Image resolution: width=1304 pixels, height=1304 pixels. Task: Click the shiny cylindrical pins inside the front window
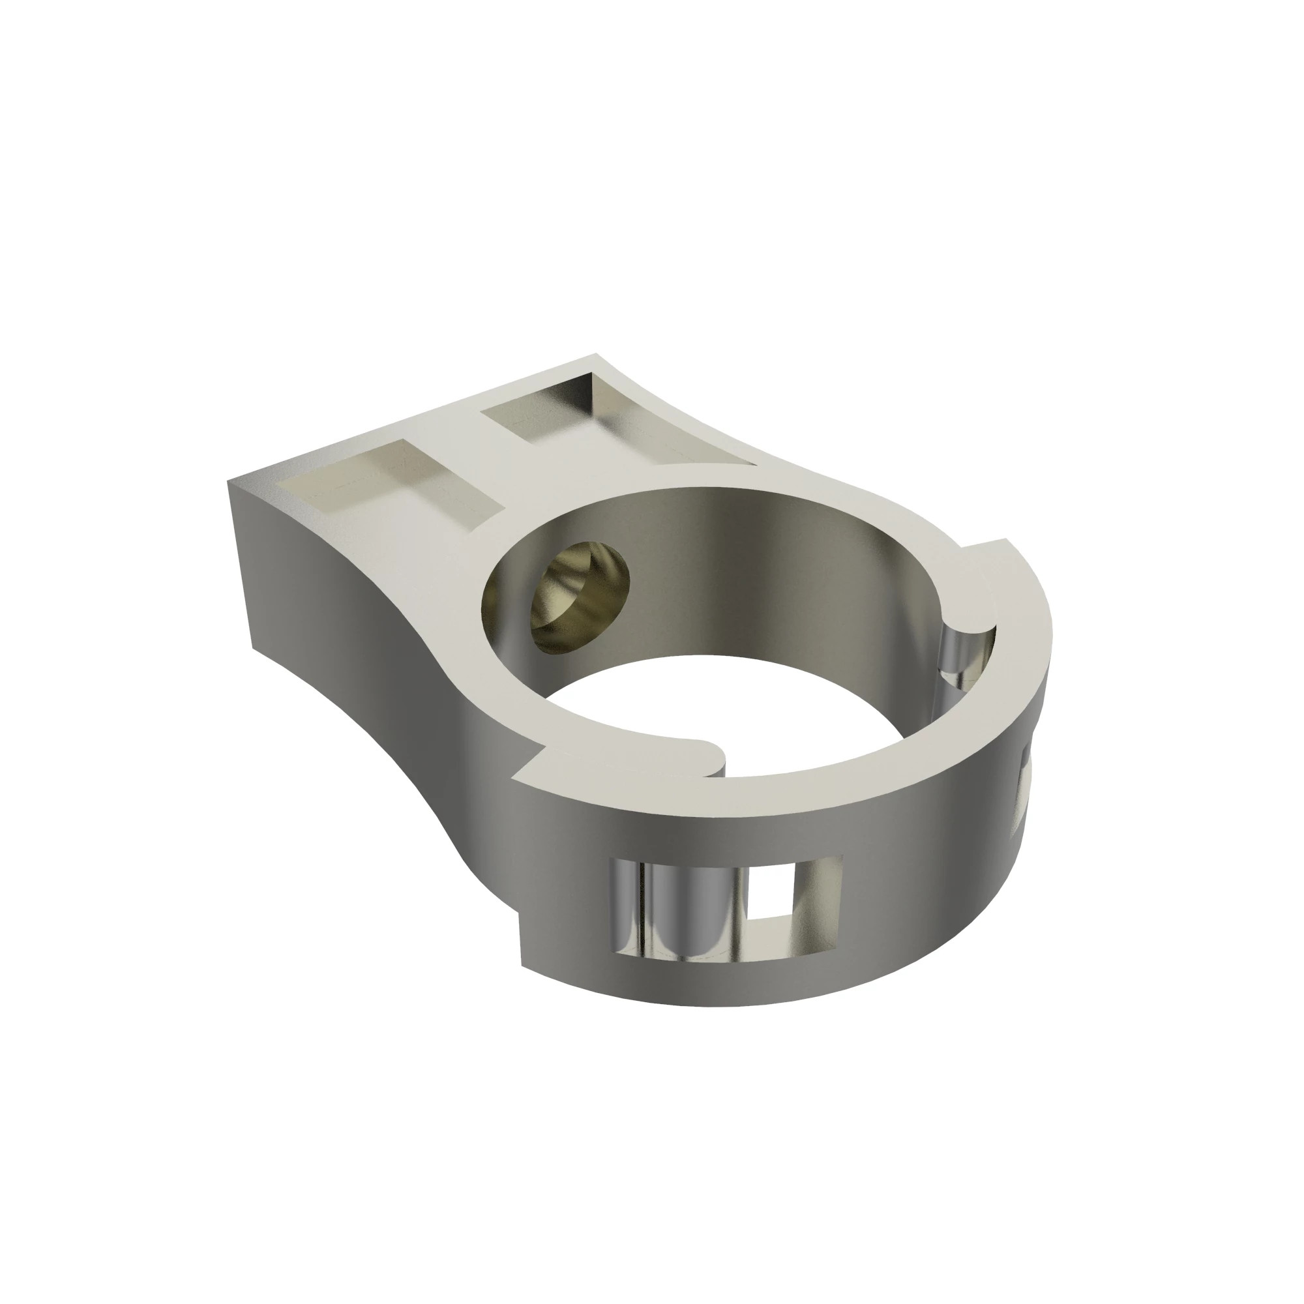pyautogui.click(x=675, y=911)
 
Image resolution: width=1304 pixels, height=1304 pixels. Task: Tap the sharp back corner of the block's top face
pyautogui.click(x=596, y=354)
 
